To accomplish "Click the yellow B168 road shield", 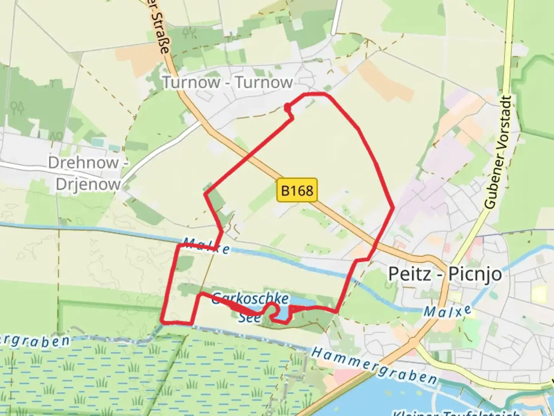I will (297, 190).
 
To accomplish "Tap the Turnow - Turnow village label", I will (227, 82).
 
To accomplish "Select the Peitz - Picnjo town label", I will (445, 274).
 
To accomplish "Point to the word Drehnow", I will (83, 163).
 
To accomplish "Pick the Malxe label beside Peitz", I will (447, 311).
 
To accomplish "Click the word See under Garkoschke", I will (249, 317).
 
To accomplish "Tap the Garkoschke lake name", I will (250, 299).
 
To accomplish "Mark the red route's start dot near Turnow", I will (287, 107).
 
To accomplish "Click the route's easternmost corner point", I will (393, 208).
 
